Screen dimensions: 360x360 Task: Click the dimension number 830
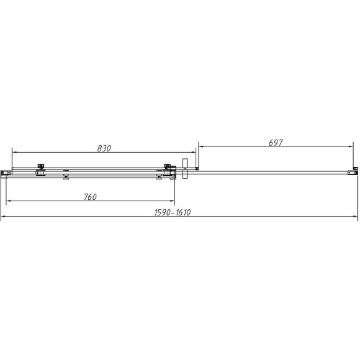pos(104,148)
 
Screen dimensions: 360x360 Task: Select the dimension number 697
pos(276,143)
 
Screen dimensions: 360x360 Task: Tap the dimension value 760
pos(90,197)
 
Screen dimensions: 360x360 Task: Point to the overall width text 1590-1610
pos(173,213)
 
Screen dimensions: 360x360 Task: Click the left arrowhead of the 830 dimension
pos(14,152)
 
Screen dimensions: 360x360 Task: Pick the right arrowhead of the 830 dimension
pos(193,152)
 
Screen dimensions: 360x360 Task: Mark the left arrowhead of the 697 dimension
pos(201,146)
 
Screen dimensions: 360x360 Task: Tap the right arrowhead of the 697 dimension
pos(350,146)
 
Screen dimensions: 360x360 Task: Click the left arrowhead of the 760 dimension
pos(9,201)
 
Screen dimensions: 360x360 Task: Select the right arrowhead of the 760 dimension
pos(172,201)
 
